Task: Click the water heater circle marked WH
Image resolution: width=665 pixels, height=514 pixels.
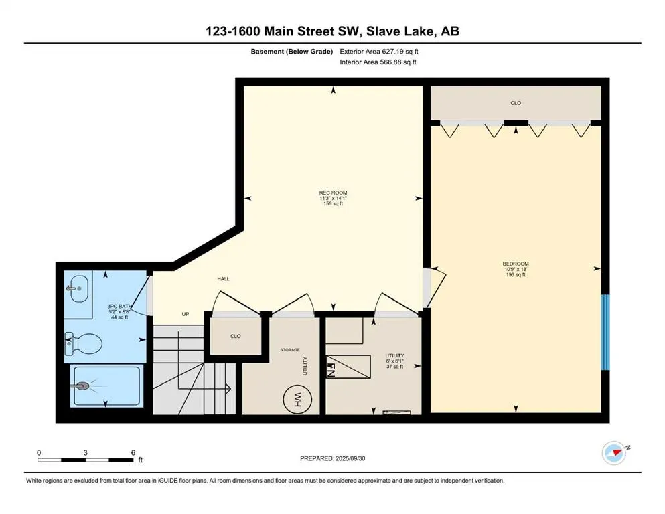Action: tap(297, 399)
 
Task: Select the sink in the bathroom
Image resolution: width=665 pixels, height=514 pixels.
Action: tap(78, 288)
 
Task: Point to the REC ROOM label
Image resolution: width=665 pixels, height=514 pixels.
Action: tap(334, 193)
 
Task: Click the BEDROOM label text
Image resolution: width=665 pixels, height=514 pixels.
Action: tap(516, 264)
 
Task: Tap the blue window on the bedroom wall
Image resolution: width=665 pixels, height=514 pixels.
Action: tap(605, 332)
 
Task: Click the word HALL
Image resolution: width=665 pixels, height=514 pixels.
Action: tap(224, 279)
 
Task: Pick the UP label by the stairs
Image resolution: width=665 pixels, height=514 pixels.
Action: tap(186, 314)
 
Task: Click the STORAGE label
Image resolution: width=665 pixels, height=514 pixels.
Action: tap(290, 350)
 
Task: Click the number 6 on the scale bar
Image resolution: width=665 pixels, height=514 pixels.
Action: tap(133, 452)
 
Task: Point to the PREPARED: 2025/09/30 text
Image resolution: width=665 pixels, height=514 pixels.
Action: tap(332, 458)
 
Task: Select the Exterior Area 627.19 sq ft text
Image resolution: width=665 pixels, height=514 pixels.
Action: tap(379, 52)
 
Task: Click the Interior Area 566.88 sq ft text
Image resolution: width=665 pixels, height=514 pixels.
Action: tap(378, 62)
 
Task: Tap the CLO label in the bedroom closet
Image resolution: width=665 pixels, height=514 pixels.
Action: tap(516, 103)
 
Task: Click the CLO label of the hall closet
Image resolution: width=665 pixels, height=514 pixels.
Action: tap(236, 336)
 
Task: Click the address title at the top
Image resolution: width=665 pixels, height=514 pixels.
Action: tap(332, 31)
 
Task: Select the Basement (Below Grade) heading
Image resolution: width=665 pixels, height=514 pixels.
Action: tap(292, 52)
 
